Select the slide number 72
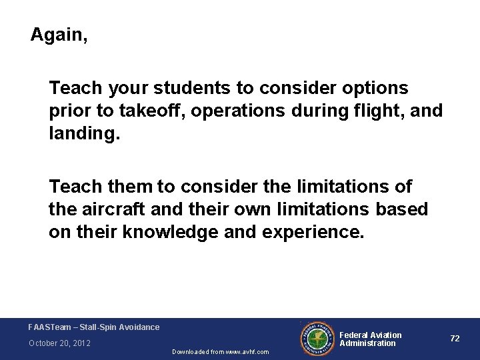[x=455, y=339]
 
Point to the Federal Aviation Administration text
[x=371, y=339]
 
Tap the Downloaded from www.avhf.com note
[x=220, y=351]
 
